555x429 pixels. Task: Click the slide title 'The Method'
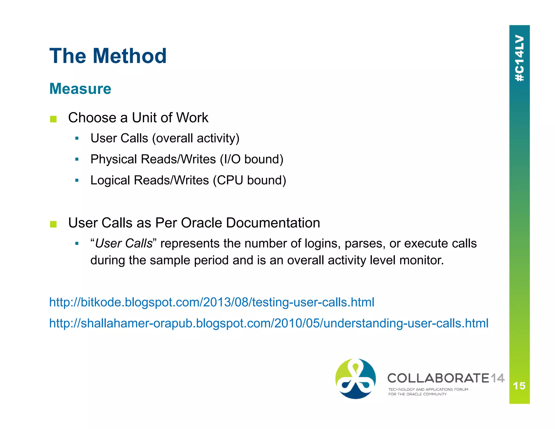point(108,56)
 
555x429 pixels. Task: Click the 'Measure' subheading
point(80,89)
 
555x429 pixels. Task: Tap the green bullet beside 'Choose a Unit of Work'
point(53,119)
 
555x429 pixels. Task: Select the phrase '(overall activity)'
point(196,138)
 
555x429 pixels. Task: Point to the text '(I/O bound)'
point(251,159)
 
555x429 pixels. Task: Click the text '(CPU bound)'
point(249,180)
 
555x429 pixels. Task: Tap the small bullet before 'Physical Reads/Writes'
point(77,159)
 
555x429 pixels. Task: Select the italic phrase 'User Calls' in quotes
point(124,243)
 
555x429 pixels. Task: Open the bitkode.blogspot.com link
point(212,302)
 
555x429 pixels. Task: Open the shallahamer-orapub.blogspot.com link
point(269,323)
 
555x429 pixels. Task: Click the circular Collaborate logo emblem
point(356,379)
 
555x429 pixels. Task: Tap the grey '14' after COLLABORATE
point(497,378)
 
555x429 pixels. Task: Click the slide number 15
point(519,386)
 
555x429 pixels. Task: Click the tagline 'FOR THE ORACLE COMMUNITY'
point(417,394)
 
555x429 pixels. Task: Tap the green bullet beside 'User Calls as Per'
point(53,224)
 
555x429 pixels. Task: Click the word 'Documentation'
point(273,223)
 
